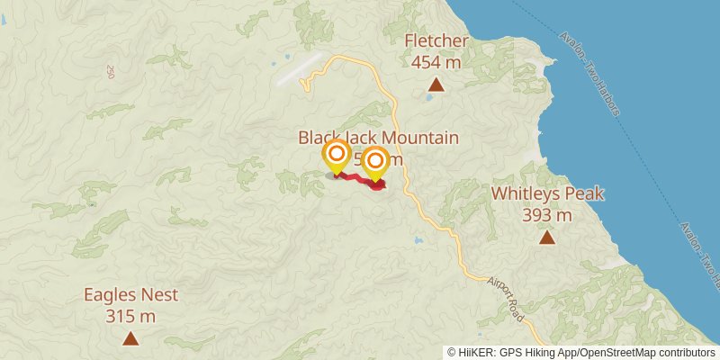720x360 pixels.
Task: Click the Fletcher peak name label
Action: (x=436, y=41)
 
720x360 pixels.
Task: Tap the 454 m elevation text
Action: (x=436, y=62)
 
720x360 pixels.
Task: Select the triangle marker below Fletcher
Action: (x=436, y=85)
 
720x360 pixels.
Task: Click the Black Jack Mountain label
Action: (x=379, y=139)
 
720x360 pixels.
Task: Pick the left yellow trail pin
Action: (x=337, y=156)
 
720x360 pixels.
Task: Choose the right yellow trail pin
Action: (x=375, y=162)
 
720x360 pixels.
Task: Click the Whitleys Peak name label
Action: (x=547, y=194)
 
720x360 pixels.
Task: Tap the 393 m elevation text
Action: (x=547, y=215)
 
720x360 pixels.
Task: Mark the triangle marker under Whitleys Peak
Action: (x=547, y=238)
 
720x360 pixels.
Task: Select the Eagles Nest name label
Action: (x=130, y=295)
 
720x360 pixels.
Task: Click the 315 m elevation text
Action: (x=130, y=316)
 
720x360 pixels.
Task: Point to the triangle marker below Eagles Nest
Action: (x=130, y=338)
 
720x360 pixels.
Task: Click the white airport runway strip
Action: (x=300, y=68)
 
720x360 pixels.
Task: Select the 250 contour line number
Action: (x=111, y=71)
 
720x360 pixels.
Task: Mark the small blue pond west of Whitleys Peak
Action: (x=417, y=241)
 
